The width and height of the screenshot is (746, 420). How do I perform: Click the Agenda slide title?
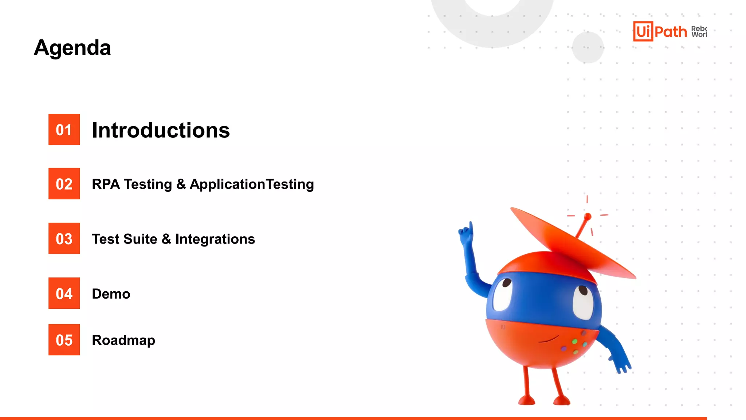tap(72, 48)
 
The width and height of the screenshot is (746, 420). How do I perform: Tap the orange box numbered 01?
tap(64, 129)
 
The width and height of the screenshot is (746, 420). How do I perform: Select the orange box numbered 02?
tap(64, 184)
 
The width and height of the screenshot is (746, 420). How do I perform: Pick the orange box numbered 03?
tap(64, 238)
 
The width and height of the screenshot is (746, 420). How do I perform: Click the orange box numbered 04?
tap(64, 293)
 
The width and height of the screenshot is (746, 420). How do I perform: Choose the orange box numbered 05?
tap(64, 340)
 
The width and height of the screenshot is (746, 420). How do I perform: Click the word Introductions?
tap(161, 130)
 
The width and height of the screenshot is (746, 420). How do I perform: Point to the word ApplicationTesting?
tap(252, 184)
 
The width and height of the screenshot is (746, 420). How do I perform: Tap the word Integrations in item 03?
tap(215, 239)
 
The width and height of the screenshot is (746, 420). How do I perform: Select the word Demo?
tap(111, 294)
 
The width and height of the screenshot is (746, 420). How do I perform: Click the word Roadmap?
tap(123, 340)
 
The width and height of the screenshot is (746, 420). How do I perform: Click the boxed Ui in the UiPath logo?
tap(643, 31)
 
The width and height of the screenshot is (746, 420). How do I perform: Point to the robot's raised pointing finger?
tap(471, 227)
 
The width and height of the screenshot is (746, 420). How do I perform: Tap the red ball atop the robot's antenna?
tap(587, 216)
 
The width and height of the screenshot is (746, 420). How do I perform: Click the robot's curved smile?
tap(548, 339)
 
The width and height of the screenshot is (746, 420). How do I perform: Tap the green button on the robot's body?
tap(574, 342)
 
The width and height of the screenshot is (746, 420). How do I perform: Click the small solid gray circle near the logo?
tap(588, 47)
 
